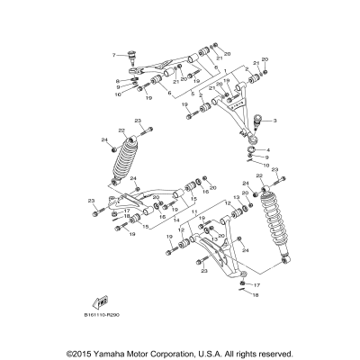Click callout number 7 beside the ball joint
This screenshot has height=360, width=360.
[114, 55]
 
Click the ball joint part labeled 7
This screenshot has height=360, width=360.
[132, 58]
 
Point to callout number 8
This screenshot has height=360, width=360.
[117, 81]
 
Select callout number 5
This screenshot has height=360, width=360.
[191, 93]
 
